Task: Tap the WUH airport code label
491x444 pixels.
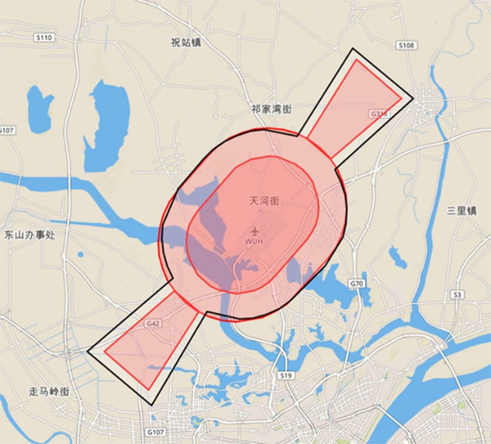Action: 254,242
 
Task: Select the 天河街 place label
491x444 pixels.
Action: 264,200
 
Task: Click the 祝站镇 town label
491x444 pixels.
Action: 186,43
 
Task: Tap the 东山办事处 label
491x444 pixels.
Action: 29,235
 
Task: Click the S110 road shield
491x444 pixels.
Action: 44,38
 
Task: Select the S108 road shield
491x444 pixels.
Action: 406,46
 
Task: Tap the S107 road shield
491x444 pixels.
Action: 7,131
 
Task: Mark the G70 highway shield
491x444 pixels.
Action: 356,284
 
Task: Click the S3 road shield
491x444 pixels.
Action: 457,294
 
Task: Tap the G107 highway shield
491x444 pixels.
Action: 155,431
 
